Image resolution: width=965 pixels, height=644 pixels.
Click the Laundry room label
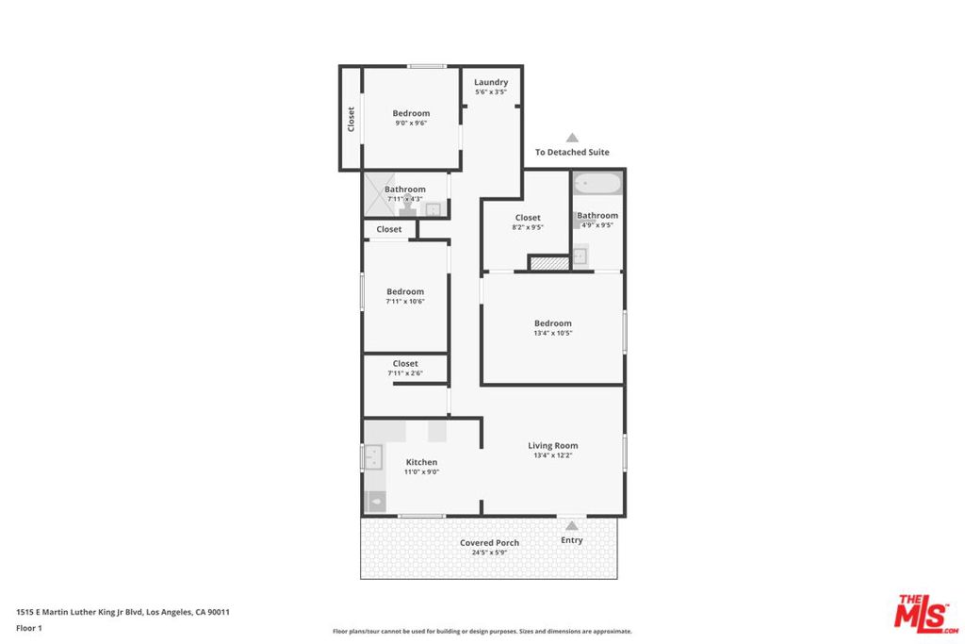tap(490, 82)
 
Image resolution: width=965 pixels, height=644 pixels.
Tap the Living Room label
tap(552, 445)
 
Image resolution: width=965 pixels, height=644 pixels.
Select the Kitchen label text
tap(421, 462)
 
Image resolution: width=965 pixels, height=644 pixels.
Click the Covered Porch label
tap(489, 542)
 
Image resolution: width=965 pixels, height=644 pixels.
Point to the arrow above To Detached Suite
tap(572, 138)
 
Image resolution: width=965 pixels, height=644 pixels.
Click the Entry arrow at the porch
tap(572, 525)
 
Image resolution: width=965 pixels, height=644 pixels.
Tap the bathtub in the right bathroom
tap(597, 184)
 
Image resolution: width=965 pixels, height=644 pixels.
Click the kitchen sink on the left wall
tap(373, 457)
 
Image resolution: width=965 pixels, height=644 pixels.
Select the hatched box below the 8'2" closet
tap(549, 263)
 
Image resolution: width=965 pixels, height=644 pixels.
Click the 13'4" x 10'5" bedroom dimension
tap(552, 333)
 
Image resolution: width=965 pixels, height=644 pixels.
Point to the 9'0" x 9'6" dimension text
tap(411, 124)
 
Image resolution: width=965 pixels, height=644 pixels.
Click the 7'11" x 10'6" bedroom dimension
tap(405, 302)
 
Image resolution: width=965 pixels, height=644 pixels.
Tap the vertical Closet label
tap(351, 119)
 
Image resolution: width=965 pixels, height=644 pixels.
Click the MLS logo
tap(926, 614)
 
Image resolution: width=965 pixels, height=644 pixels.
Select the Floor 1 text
tap(29, 628)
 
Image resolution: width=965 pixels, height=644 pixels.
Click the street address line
tap(123, 612)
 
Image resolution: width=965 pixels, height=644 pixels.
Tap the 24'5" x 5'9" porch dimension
tap(489, 553)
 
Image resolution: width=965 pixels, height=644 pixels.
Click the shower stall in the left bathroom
tap(379, 195)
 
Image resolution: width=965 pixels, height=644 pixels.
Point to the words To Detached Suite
tap(572, 152)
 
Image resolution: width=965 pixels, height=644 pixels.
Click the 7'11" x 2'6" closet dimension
tap(405, 373)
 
